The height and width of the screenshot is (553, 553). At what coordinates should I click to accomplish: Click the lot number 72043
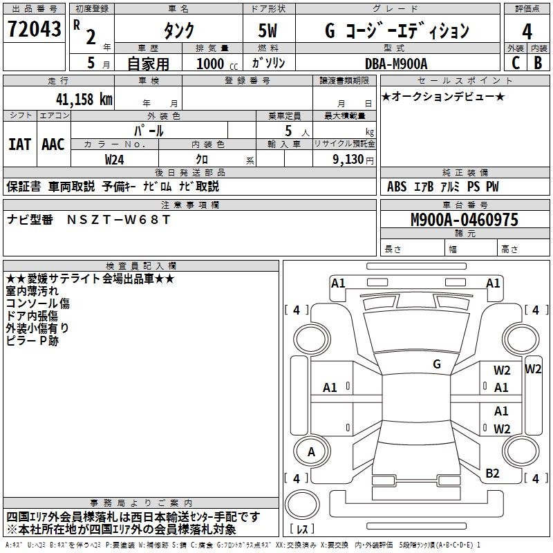pyautogui.click(x=33, y=29)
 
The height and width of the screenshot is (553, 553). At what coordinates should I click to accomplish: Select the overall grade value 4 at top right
pyautogui.click(x=527, y=31)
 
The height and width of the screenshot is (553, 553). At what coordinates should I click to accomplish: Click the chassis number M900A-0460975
pyautogui.click(x=464, y=221)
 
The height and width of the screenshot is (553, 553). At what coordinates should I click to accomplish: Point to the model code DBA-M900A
pyautogui.click(x=397, y=64)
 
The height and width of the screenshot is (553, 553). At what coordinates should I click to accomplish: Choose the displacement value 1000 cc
pyautogui.click(x=212, y=64)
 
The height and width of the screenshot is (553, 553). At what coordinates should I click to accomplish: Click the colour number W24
pyautogui.click(x=115, y=159)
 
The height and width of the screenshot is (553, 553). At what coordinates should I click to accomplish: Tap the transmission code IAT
pyautogui.click(x=19, y=144)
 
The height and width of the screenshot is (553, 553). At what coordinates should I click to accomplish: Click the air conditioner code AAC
pyautogui.click(x=53, y=144)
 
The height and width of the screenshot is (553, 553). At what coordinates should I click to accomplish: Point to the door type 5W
pyautogui.click(x=269, y=32)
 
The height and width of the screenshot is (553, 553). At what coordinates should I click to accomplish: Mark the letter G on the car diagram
pyautogui.click(x=437, y=364)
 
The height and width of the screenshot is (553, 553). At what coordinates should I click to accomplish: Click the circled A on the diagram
pyautogui.click(x=311, y=452)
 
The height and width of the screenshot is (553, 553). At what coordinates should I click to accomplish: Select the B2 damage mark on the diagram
pyautogui.click(x=492, y=474)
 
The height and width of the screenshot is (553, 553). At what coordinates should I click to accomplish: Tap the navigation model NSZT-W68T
pyautogui.click(x=118, y=219)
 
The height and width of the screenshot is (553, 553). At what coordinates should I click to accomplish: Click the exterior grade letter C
pyautogui.click(x=515, y=63)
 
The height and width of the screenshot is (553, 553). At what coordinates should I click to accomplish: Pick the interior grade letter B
pyautogui.click(x=538, y=63)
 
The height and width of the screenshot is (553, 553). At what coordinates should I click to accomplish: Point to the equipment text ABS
pyautogui.click(x=397, y=187)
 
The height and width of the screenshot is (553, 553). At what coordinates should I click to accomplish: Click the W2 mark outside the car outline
pyautogui.click(x=533, y=368)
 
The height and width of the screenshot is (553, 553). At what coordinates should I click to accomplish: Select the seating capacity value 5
pyautogui.click(x=288, y=131)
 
